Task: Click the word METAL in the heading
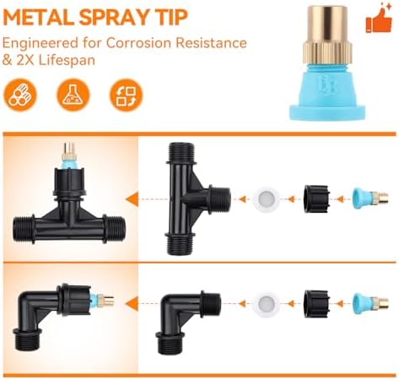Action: [39, 18]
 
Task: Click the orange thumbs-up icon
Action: [379, 19]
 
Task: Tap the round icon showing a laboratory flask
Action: [73, 95]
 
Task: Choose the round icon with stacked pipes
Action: [20, 95]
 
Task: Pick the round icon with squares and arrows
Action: [127, 95]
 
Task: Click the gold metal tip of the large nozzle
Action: [327, 35]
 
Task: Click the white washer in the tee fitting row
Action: [266, 199]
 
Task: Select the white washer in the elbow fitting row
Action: [266, 304]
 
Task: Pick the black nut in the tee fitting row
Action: [316, 199]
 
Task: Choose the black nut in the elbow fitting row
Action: [316, 304]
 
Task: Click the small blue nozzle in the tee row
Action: [370, 198]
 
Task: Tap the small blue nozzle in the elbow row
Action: [370, 303]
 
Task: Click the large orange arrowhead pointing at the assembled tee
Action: [132, 199]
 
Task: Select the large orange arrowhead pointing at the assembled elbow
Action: [132, 304]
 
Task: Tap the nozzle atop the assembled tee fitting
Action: [68, 155]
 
